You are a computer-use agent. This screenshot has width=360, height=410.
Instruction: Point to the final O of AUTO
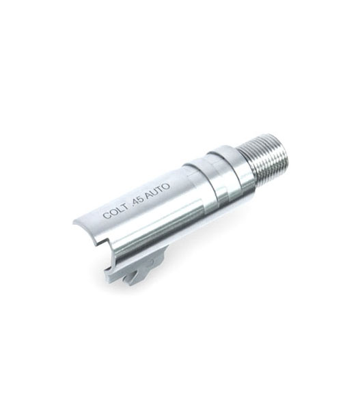[167, 187]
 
